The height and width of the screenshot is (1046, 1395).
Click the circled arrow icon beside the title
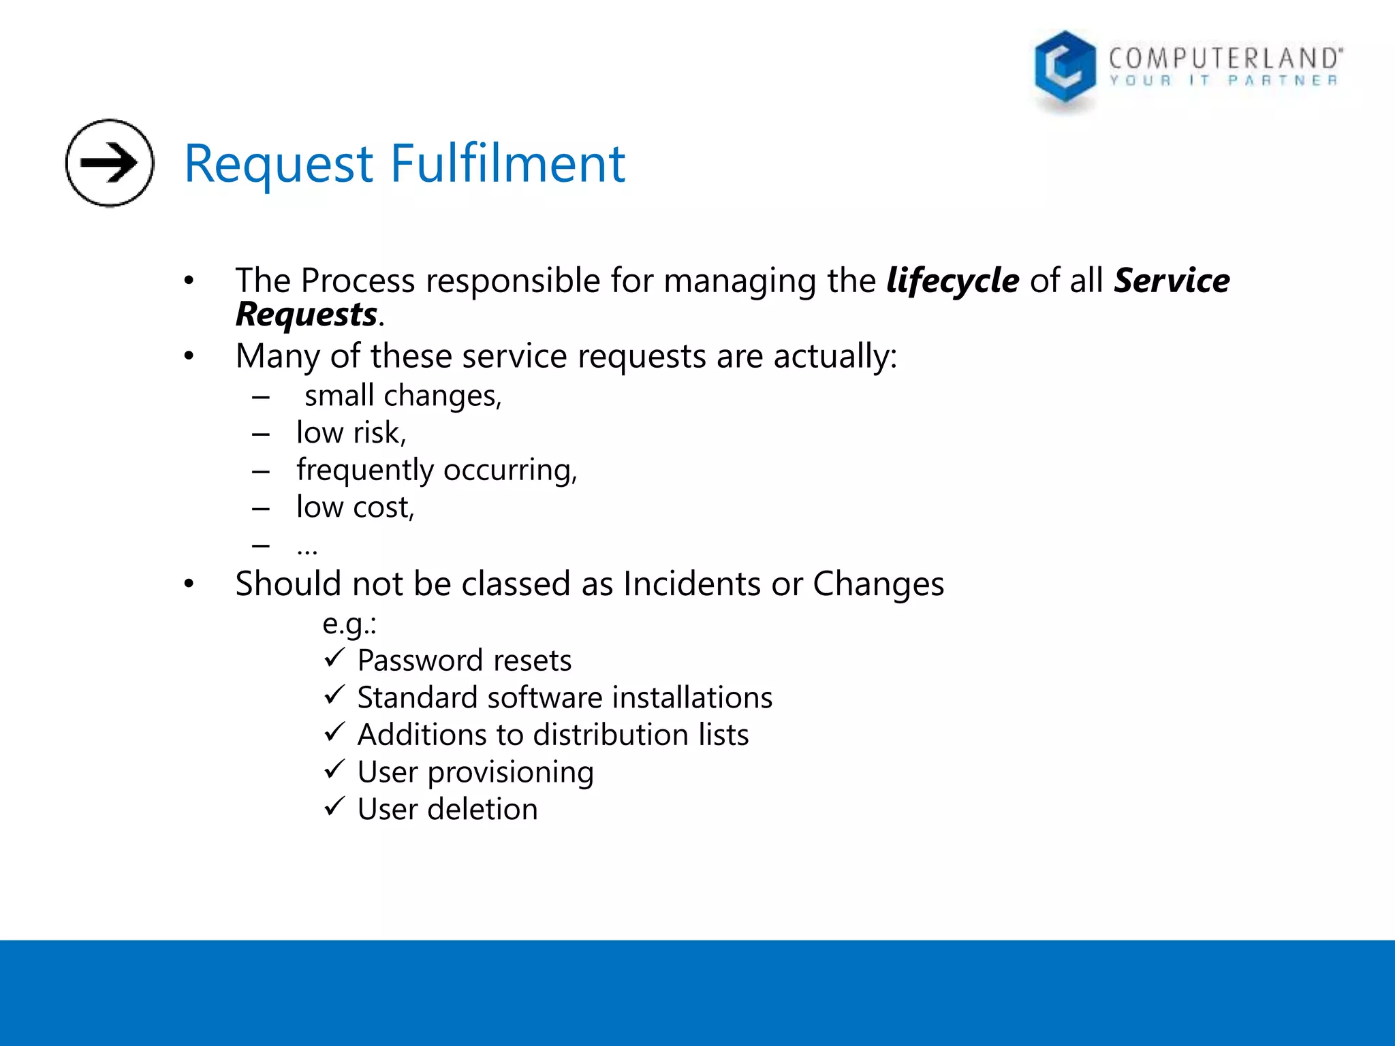(x=110, y=163)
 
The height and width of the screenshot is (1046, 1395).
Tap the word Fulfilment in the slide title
(x=507, y=164)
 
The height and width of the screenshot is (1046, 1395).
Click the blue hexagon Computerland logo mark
(x=1065, y=68)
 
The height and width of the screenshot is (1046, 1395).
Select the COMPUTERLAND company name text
(x=1225, y=59)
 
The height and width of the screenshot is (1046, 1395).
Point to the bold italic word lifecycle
(x=952, y=281)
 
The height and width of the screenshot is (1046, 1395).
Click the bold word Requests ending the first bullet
(x=307, y=315)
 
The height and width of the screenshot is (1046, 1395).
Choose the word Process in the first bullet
(x=358, y=281)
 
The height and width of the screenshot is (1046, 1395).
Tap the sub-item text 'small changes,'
(x=403, y=396)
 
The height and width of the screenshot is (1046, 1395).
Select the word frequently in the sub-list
(x=365, y=470)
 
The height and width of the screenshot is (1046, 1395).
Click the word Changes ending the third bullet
(x=878, y=584)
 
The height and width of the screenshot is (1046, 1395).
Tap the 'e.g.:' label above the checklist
(x=349, y=623)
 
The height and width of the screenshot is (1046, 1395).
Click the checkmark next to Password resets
(x=334, y=658)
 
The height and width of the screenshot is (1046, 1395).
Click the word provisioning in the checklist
(x=510, y=772)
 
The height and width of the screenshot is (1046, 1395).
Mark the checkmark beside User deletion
(x=334, y=807)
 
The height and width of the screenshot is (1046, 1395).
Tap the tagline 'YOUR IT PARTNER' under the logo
(x=1223, y=80)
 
